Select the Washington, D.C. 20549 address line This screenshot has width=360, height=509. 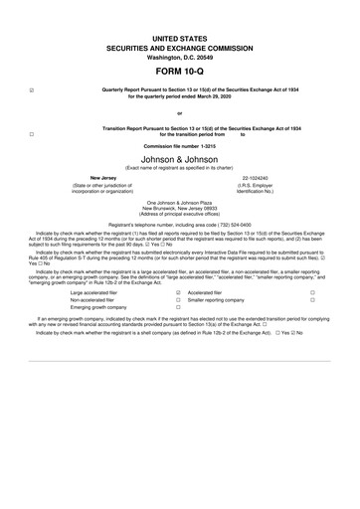pyautogui.click(x=179, y=57)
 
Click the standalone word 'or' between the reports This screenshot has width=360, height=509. pyautogui.click(x=179, y=112)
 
